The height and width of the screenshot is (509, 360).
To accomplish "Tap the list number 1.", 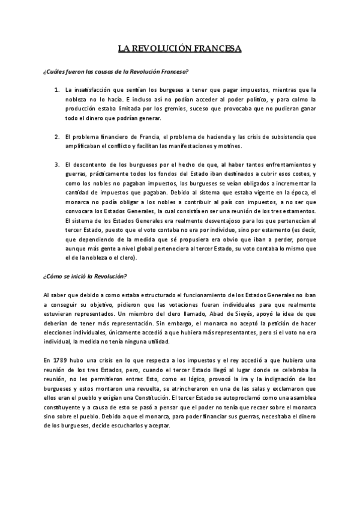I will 56,89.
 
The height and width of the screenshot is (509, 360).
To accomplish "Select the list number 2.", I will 56,136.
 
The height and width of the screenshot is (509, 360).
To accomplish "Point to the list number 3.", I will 56,164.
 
